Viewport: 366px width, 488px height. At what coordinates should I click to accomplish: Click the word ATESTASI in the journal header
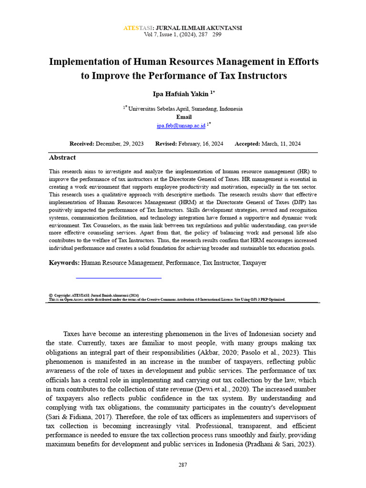[136, 28]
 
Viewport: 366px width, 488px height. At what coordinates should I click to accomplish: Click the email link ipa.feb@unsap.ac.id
[181, 125]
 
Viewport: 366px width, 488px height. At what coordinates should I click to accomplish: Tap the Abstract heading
[62, 157]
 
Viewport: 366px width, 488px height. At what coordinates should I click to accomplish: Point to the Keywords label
[64, 263]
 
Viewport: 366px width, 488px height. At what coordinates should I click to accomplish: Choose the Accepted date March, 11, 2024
[281, 143]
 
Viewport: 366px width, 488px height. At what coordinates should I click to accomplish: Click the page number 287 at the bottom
[183, 464]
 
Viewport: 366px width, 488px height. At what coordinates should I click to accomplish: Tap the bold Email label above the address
[184, 117]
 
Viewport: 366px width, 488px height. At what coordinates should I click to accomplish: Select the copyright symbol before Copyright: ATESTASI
[51, 295]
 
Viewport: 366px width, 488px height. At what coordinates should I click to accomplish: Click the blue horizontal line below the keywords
[119, 277]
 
